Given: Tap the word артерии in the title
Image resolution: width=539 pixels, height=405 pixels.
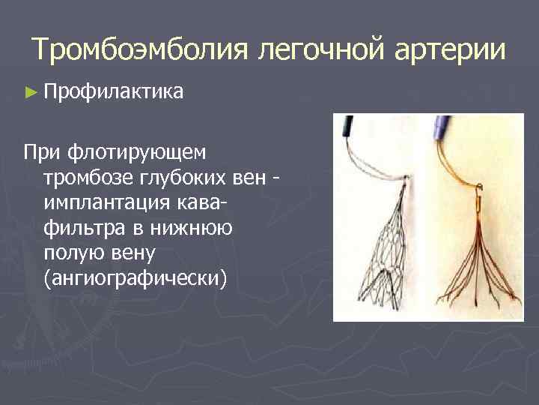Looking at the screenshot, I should [x=447, y=50].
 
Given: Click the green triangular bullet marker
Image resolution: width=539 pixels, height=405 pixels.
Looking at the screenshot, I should [x=29, y=92].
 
